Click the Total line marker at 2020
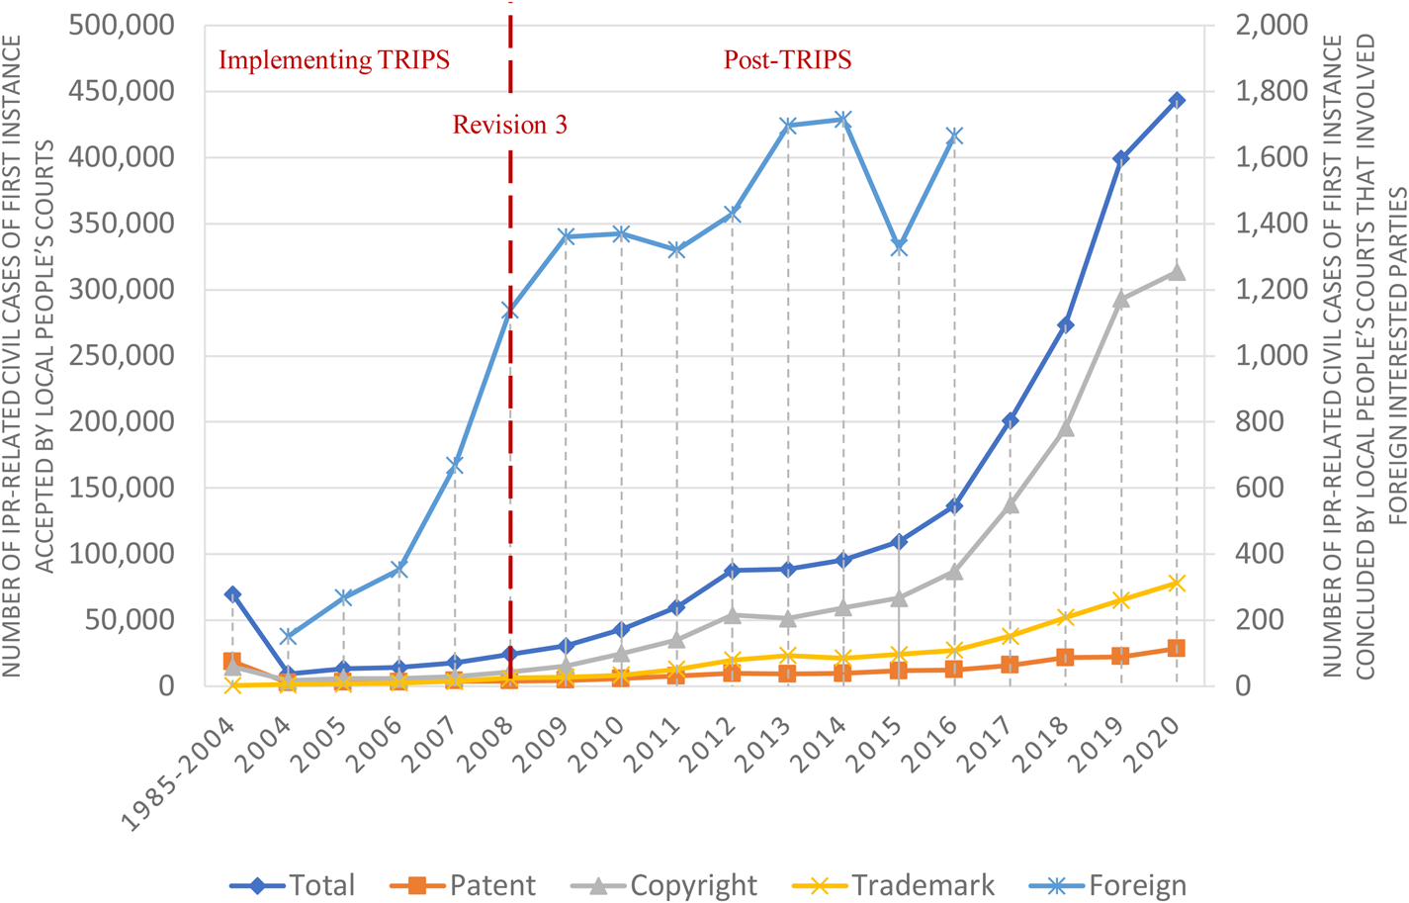pos(1177,100)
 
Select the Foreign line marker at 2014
pos(843,120)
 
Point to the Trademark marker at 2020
pos(1177,584)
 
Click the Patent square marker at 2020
pos(1177,648)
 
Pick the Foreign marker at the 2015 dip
pos(899,247)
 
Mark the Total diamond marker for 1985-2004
pos(232,594)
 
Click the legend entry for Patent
pos(464,885)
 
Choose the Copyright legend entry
pos(664,885)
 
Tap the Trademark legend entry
pos(894,885)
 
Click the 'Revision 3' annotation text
pos(509,125)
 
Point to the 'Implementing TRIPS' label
pos(334,59)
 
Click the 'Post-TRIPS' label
pos(787,59)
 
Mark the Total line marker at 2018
pos(1066,325)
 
